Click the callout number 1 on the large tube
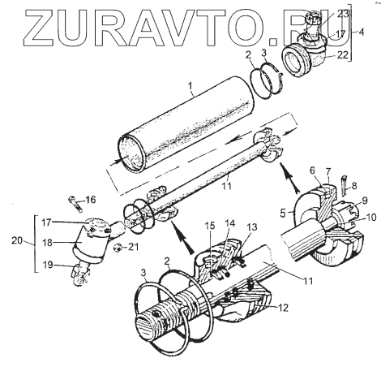click(190, 87)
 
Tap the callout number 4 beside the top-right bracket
click(361, 32)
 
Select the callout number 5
click(283, 213)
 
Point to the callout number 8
click(354, 186)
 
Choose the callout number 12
click(282, 308)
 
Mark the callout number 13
click(251, 227)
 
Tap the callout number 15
click(209, 225)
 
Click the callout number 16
click(91, 200)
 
